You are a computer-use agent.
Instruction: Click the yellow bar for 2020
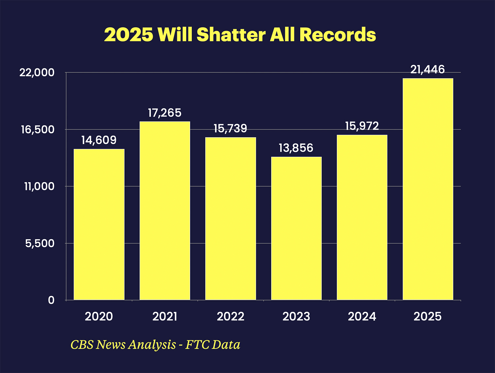click(99, 224)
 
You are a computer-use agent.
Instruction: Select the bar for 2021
click(165, 211)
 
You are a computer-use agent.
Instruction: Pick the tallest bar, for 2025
click(428, 189)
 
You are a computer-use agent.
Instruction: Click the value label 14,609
click(99, 140)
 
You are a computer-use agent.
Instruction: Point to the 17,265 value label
click(165, 113)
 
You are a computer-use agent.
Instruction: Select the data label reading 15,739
click(230, 129)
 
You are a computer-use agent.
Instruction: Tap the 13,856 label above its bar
click(296, 148)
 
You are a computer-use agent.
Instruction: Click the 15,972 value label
click(362, 126)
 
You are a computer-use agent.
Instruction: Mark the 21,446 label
click(428, 70)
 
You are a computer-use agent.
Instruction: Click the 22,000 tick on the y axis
click(37, 72)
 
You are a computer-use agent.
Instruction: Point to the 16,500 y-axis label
click(38, 129)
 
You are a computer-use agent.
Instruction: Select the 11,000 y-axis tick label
click(39, 186)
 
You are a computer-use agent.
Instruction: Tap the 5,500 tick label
click(40, 244)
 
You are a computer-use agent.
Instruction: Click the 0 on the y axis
click(51, 300)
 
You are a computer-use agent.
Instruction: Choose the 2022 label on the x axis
click(230, 317)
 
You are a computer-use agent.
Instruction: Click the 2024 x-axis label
click(362, 317)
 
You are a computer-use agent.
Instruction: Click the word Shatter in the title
click(231, 35)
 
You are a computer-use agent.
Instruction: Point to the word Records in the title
click(338, 35)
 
